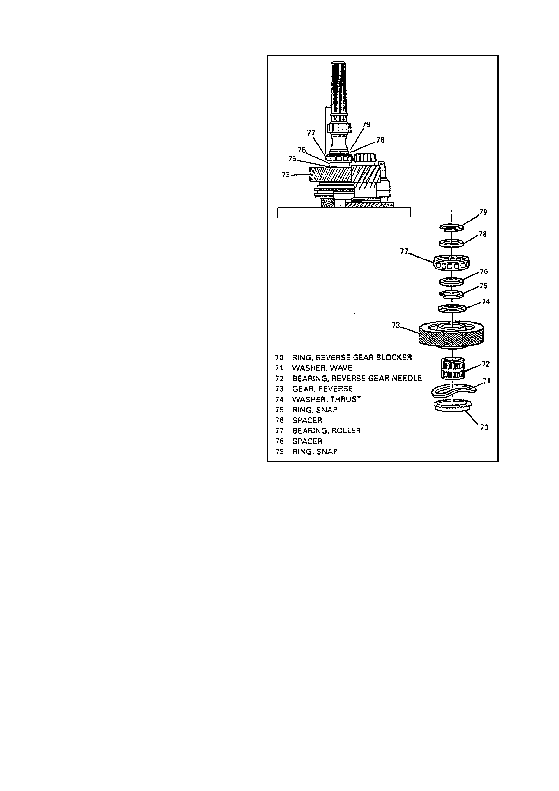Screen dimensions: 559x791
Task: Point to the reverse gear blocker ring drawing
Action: [x=452, y=406]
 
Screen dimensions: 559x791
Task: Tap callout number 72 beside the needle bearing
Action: [x=486, y=364]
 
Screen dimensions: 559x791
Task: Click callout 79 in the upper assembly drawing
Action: [x=366, y=124]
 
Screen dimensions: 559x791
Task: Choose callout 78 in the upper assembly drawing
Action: [x=380, y=140]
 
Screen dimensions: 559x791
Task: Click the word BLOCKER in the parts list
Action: [x=394, y=357]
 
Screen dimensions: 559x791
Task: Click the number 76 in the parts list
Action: [x=279, y=420]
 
